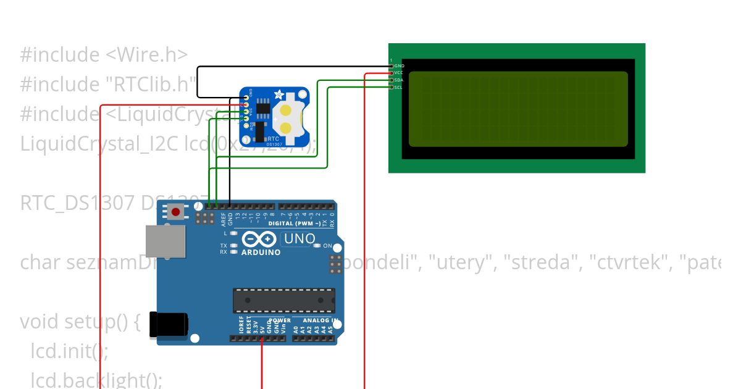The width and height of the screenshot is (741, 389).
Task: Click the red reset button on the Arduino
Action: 176,212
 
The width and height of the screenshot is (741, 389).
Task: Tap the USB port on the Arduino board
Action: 165,241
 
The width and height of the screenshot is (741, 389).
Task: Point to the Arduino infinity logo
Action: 259,240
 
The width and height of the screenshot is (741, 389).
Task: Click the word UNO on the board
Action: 299,238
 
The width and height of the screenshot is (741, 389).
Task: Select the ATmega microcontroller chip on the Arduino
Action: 283,300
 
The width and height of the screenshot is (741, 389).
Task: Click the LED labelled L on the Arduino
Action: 233,233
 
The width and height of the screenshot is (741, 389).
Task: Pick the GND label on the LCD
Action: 399,65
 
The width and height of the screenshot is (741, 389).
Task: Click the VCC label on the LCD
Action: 399,73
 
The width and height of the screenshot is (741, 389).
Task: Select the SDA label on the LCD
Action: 399,80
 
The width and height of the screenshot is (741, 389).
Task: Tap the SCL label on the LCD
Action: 399,88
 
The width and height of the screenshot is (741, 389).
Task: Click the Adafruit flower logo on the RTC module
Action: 279,96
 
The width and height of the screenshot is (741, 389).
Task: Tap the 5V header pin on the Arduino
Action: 262,338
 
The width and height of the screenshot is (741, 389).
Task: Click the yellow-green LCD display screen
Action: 517,109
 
